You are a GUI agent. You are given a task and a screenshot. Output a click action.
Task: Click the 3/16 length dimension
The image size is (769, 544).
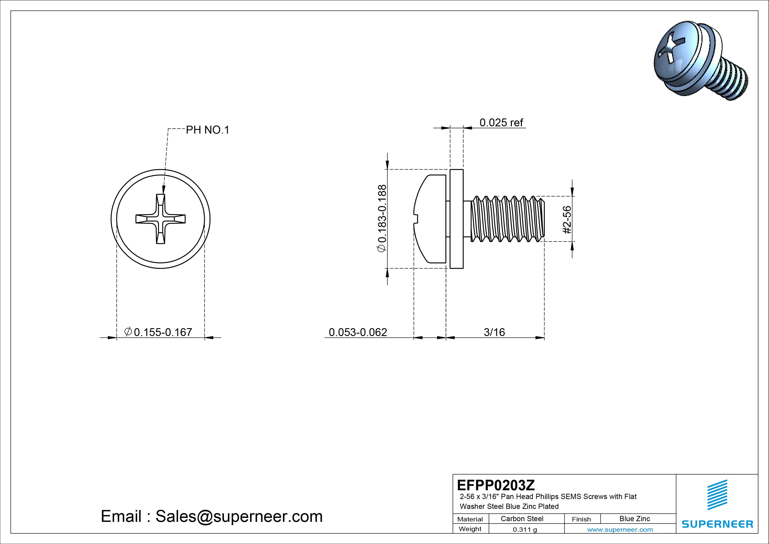494,332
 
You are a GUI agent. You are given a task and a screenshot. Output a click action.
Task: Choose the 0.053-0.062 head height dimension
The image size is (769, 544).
358,332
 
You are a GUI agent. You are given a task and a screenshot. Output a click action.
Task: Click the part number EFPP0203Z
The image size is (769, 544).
496,485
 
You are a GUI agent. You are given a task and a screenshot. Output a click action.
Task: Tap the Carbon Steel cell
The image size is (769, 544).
522,519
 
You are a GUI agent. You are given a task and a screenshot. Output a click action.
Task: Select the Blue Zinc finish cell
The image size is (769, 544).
634,519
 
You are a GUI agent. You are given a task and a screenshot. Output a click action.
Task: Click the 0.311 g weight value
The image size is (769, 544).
525,530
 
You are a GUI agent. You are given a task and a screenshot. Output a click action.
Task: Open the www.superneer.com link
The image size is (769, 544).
620,530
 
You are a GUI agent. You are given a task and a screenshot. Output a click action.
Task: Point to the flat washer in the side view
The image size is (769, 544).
456,219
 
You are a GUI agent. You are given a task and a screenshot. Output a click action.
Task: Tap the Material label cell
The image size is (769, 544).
470,519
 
